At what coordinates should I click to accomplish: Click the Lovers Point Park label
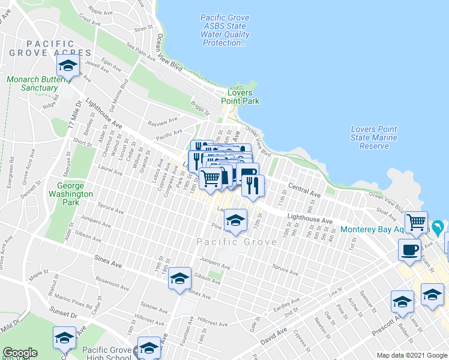point(243,97)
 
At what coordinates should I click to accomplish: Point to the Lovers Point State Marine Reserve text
point(373,137)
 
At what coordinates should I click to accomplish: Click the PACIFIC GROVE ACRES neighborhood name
point(50,49)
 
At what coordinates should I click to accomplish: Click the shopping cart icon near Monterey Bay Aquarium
point(416,222)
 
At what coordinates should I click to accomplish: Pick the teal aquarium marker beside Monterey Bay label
point(438,227)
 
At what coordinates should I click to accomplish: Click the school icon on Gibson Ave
point(179,278)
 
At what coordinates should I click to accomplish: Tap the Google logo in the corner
point(20,353)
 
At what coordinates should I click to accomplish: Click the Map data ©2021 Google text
point(412,355)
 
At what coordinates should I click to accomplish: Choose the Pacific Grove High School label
point(106,354)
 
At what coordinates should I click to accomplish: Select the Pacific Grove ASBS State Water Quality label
point(225,31)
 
